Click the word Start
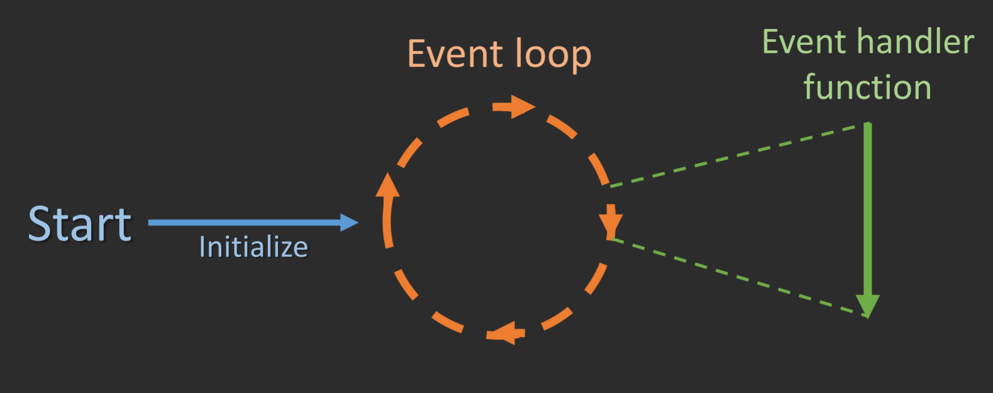[x=80, y=225]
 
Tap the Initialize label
[x=253, y=247]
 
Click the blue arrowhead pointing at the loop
[x=348, y=222]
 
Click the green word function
[x=867, y=87]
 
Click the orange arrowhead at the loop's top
[x=521, y=107]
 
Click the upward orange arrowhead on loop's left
[x=387, y=186]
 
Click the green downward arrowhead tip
[x=867, y=308]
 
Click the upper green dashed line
[x=737, y=155]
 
